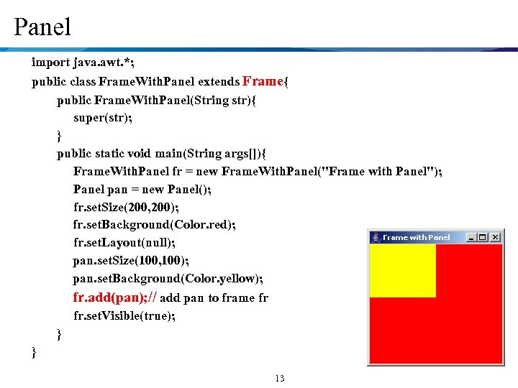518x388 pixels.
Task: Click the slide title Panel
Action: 42,27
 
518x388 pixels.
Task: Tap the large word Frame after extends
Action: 263,80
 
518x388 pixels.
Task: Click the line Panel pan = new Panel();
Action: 142,189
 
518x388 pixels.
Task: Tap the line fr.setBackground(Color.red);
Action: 154,224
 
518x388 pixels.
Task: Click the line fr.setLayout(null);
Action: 124,242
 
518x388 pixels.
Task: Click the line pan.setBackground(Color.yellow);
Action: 168,278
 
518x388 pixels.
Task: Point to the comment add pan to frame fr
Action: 214,297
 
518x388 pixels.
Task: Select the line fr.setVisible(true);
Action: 124,315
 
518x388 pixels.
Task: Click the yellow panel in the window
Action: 402,269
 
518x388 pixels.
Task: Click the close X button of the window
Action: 495,237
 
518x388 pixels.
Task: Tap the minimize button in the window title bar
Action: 471,237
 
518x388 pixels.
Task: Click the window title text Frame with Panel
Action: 416,237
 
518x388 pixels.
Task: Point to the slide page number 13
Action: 280,379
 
